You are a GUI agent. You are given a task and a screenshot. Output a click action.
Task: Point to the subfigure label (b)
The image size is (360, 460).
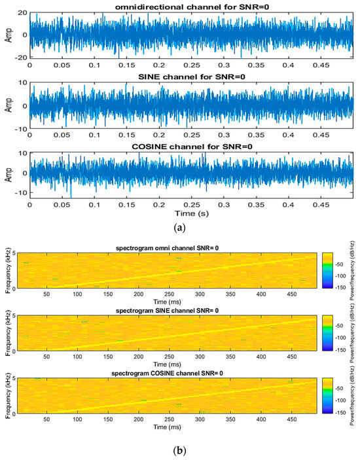coord(179,451)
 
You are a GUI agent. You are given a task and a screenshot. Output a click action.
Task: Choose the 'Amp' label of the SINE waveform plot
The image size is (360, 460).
coord(7,105)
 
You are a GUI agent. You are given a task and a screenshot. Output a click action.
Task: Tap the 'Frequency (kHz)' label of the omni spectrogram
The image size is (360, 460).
coord(7,269)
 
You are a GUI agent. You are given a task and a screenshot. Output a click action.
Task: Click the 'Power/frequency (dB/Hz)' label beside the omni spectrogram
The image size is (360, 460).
coord(354,269)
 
